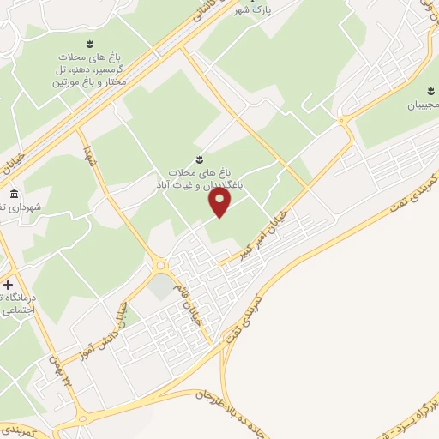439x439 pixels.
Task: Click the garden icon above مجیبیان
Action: click(x=430, y=89)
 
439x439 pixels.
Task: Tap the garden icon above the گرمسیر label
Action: click(x=87, y=43)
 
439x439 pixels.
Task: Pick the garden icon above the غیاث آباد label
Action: click(x=200, y=159)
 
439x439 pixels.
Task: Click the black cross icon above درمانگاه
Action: click(x=8, y=285)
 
